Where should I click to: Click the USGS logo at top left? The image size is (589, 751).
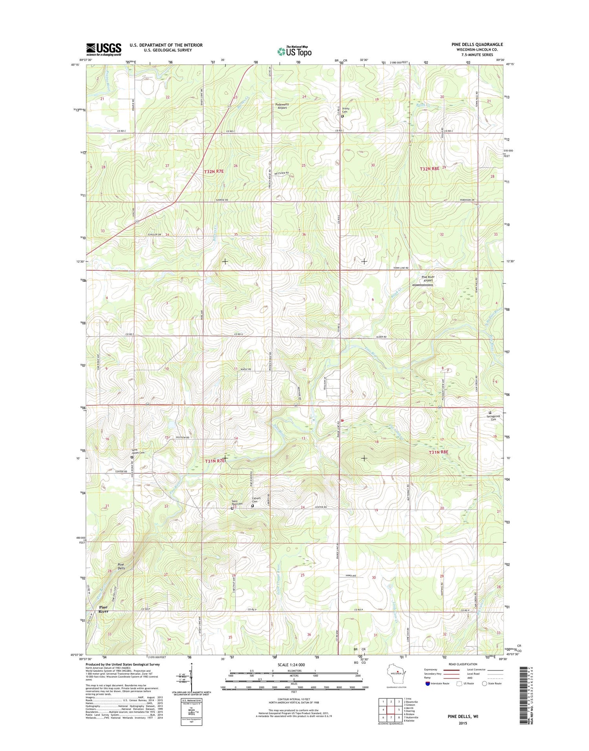(104, 49)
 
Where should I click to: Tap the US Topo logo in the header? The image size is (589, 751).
(294, 51)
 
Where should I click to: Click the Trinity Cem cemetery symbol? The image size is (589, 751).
(342, 116)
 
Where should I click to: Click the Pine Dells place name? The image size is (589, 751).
(121, 566)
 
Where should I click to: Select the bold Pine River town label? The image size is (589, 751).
(103, 609)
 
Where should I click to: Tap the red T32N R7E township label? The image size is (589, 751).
(214, 171)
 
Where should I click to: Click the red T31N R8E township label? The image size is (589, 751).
(438, 452)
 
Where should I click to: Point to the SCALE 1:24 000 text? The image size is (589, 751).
(291, 665)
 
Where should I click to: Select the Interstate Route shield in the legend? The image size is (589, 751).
(428, 683)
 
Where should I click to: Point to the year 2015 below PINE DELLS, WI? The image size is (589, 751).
(463, 723)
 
